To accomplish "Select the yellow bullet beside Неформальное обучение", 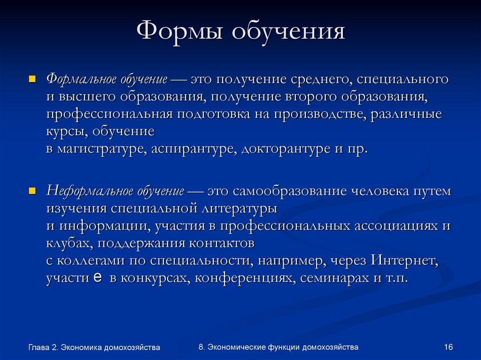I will pyautogui.click(x=32, y=191).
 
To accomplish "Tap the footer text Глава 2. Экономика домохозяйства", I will pyautogui.click(x=94, y=347).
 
